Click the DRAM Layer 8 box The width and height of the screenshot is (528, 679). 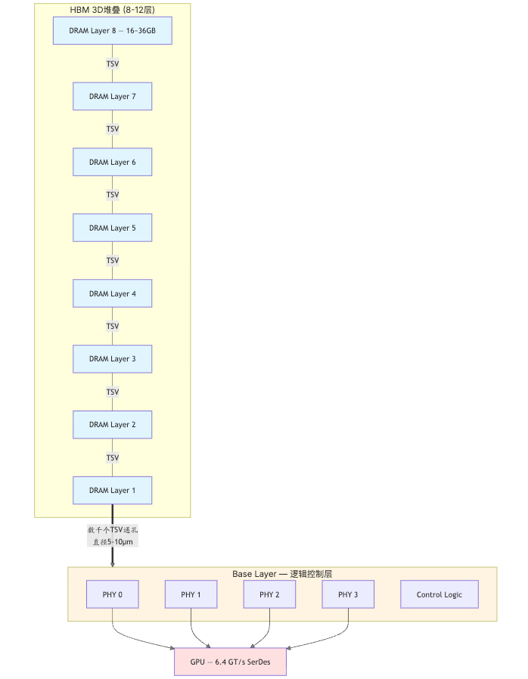coord(113,31)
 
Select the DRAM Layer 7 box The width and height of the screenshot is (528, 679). coord(113,96)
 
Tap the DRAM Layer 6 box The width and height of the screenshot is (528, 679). coord(113,162)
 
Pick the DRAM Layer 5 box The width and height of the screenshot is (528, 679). coord(113,228)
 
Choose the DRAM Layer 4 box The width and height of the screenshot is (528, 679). coord(113,293)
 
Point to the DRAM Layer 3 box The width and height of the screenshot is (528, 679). coord(113,359)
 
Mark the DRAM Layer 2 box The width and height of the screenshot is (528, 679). coord(113,425)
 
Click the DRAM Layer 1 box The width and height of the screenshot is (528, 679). coord(113,491)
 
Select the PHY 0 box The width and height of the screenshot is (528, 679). coord(113,594)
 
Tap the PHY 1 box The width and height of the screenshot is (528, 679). coord(191,594)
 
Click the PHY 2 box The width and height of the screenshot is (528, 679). coord(269,594)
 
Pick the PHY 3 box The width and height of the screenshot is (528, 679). coord(348,594)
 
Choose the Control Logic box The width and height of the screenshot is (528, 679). coord(439,594)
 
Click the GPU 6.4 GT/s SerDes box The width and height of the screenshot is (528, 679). coord(231,662)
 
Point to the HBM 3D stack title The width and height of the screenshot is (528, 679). coord(113,10)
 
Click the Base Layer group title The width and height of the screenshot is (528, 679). coord(282,574)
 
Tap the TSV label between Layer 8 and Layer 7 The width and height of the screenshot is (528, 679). coord(113,64)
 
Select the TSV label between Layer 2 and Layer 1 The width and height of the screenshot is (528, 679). coord(113,457)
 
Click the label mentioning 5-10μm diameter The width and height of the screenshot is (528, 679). coord(113,535)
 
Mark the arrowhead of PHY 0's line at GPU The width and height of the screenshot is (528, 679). coord(172,648)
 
